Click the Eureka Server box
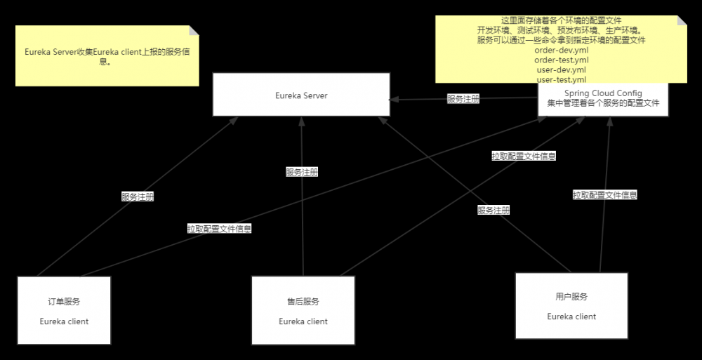pos(301,95)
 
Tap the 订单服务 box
pos(64,310)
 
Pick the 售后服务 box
pos(303,310)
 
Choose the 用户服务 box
pos(571,305)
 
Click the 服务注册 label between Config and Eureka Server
pos(463,100)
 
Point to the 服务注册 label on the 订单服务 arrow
pos(138,197)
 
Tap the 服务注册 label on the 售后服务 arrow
pos(302,172)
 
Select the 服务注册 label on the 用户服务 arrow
pos(494,210)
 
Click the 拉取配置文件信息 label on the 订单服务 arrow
pos(219,229)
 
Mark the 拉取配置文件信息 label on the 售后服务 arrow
pos(524,156)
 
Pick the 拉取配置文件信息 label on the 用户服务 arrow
pos(604,195)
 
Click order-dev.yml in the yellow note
pos(561,51)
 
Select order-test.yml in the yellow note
pos(561,60)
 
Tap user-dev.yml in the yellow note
pos(561,70)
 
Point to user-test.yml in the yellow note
pos(561,79)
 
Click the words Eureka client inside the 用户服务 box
pos(571,316)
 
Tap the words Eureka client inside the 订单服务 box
pos(64,321)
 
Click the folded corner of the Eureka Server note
pos(194,31)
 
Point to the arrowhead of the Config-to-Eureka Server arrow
pos(395,99)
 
